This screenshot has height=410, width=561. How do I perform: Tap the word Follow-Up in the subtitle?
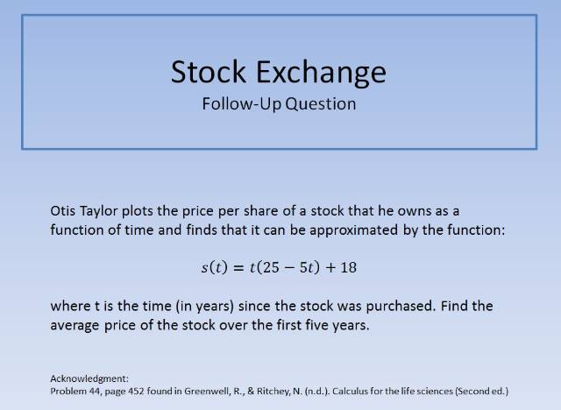(x=240, y=103)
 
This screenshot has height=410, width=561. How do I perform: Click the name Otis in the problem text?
(x=64, y=212)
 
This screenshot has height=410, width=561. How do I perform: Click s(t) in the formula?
(x=213, y=267)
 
